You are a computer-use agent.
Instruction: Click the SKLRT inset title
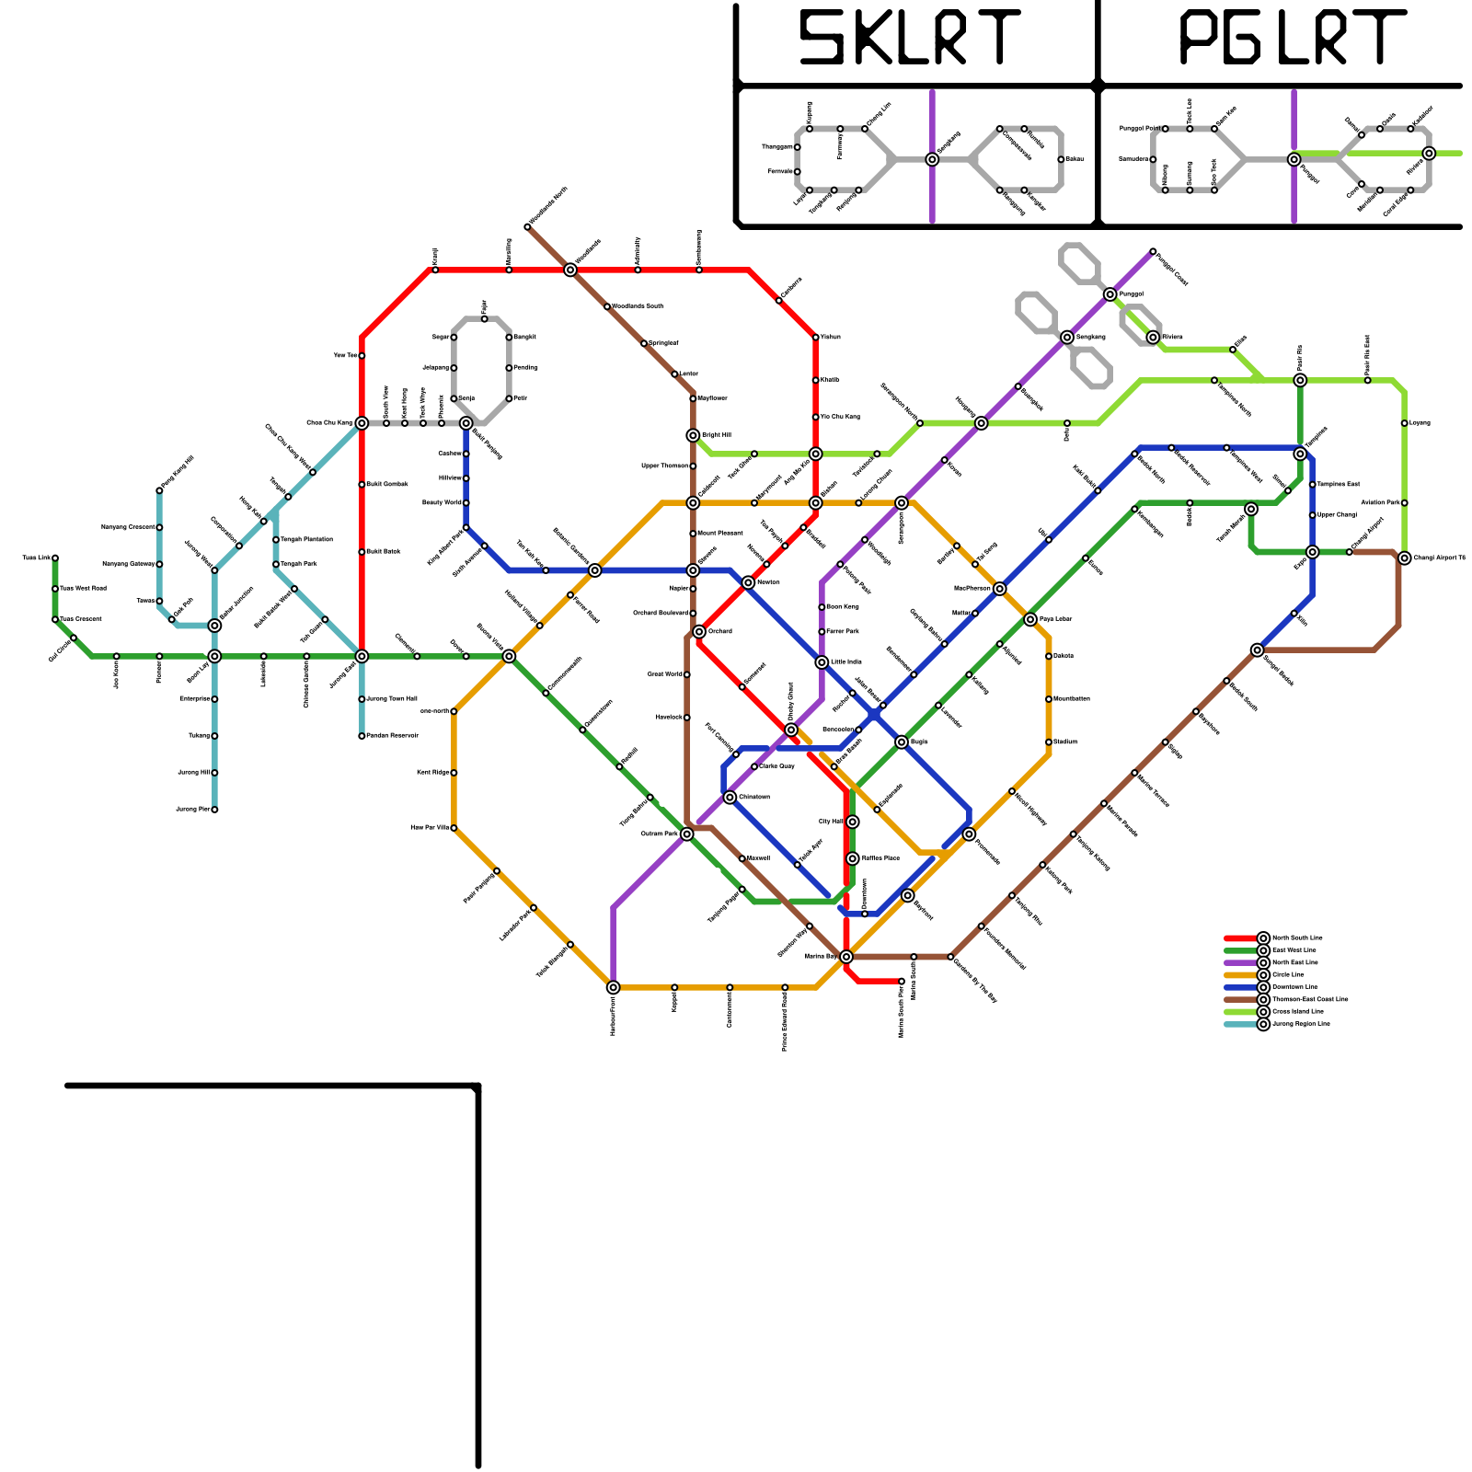click(909, 39)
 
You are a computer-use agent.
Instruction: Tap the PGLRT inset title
click(1292, 39)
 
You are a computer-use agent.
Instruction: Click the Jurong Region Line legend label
click(1300, 1024)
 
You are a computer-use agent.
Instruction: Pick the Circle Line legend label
click(1288, 975)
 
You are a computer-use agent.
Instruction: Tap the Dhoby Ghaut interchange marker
click(791, 730)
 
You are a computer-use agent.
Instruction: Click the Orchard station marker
click(699, 631)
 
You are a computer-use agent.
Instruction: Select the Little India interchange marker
click(822, 662)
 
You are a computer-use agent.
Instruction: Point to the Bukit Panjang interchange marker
click(466, 423)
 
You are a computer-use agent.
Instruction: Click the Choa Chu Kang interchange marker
click(362, 423)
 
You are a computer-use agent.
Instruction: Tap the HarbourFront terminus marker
click(614, 987)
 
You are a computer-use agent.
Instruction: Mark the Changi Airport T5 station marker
click(1405, 558)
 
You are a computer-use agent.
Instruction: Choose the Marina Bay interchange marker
click(846, 957)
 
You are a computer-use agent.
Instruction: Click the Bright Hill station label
click(717, 435)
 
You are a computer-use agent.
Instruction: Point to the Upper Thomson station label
click(664, 466)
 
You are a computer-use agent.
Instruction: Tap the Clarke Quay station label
click(776, 766)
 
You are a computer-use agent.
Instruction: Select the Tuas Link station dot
click(55, 558)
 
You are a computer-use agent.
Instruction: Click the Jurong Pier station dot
click(214, 810)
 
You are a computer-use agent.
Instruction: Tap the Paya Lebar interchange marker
click(1030, 619)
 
